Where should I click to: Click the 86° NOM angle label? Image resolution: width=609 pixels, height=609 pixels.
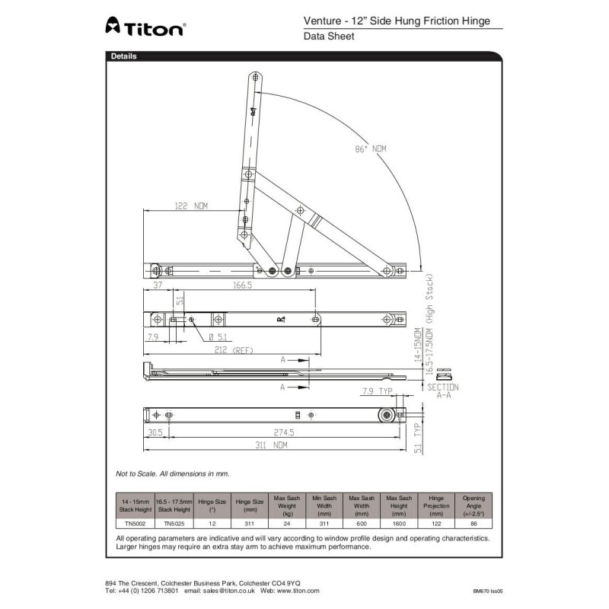point(371,149)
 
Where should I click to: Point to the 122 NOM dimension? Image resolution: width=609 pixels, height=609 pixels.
point(191,206)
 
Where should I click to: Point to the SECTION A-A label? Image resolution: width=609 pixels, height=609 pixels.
point(443,391)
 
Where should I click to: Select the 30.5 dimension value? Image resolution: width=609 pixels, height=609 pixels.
point(155,432)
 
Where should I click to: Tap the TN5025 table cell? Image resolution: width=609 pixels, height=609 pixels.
point(172,523)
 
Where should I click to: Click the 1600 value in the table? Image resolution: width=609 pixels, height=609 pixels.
point(400,523)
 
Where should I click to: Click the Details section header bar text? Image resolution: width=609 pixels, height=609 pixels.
point(124,56)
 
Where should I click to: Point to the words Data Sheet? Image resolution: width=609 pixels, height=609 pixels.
point(329,37)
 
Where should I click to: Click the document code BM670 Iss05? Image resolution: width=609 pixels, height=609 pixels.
point(488,591)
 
